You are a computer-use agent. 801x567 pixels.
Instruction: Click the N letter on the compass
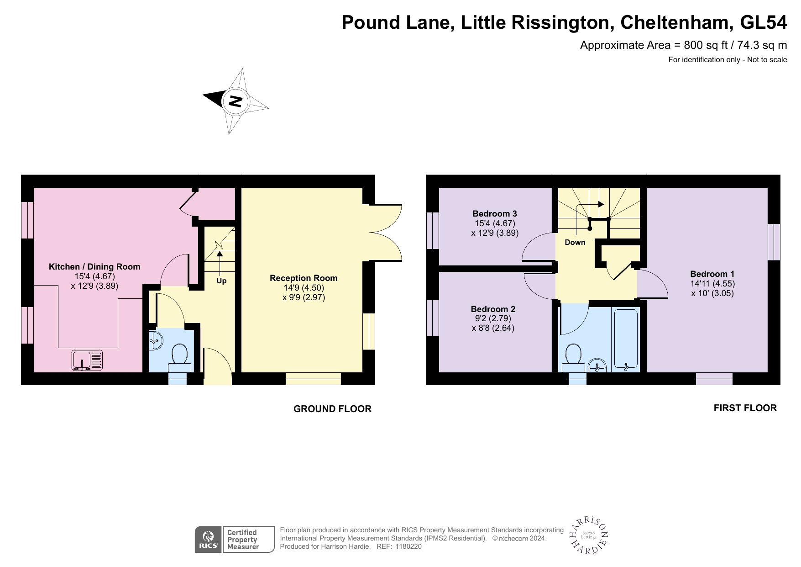click(x=235, y=101)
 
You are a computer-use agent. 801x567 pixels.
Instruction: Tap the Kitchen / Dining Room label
click(x=94, y=267)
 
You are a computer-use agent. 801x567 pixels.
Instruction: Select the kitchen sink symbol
click(x=87, y=360)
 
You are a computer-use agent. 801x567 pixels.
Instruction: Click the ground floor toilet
click(x=179, y=359)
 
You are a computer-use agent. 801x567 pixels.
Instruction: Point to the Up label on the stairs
click(x=221, y=281)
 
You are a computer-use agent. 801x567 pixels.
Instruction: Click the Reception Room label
click(x=304, y=278)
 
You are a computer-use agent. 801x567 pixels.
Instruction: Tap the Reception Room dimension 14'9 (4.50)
click(x=304, y=288)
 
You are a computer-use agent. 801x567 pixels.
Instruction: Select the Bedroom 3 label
click(x=495, y=214)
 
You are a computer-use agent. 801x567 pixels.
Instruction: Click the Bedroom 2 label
click(x=493, y=309)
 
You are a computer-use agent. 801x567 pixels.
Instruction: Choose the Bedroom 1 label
click(x=712, y=274)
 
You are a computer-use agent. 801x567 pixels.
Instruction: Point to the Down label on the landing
click(x=575, y=243)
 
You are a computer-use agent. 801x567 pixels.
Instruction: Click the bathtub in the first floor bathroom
click(x=626, y=339)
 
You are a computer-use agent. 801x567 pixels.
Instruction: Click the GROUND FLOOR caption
click(x=332, y=409)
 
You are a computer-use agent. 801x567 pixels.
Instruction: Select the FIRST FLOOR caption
click(x=745, y=408)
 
